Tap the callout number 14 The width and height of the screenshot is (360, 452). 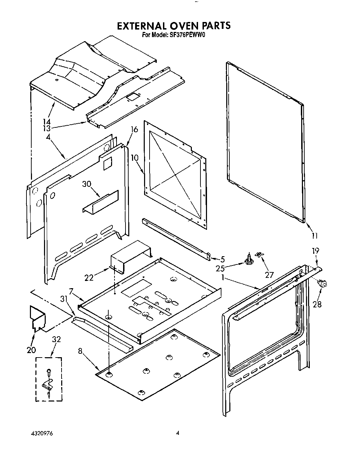(47, 122)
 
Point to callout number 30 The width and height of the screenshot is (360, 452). (86, 184)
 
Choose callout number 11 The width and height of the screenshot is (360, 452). (315, 235)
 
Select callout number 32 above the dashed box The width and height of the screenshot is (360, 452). (56, 339)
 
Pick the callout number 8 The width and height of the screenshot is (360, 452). (80, 351)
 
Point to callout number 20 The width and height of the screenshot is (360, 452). (31, 350)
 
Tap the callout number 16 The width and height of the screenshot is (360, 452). (134, 129)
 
